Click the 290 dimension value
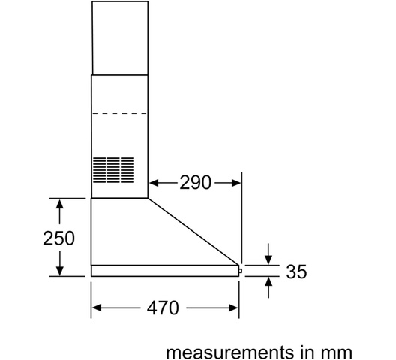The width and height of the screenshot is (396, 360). coord(195,182)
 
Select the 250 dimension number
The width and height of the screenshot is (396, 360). coord(58,238)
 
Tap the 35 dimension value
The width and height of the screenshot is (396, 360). coord(296,271)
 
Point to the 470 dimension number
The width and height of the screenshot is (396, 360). coord(163,307)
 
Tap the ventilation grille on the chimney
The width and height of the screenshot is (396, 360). coord(113,170)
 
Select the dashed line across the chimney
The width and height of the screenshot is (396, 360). coord(119,113)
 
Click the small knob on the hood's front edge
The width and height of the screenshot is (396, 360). coord(240,271)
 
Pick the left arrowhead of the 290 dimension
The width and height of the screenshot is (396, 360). coord(154,183)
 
